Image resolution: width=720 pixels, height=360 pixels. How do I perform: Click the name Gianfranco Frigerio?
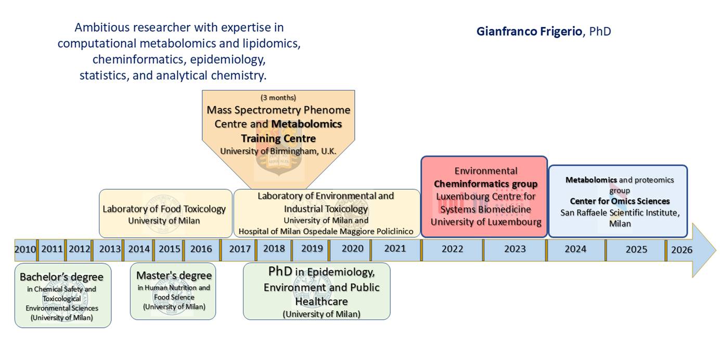pyautogui.click(x=529, y=32)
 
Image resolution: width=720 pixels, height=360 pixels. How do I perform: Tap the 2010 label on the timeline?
pyautogui.click(x=25, y=249)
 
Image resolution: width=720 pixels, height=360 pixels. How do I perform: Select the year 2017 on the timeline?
pyautogui.click(x=240, y=249)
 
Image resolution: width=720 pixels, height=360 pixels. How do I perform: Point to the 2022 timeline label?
pyautogui.click(x=452, y=249)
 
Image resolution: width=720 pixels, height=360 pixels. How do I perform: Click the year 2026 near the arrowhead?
pyautogui.click(x=682, y=250)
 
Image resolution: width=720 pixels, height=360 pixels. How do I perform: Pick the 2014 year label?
pyautogui.click(x=139, y=249)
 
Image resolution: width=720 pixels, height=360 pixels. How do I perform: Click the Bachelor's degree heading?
pyautogui.click(x=62, y=277)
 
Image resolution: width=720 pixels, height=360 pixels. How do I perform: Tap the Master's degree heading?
pyautogui.click(x=174, y=276)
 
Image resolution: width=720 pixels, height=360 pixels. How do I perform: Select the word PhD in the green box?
pyautogui.click(x=280, y=272)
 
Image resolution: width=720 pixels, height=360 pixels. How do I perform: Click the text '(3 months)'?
pyautogui.click(x=278, y=97)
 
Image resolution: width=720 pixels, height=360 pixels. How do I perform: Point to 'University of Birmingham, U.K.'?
pyautogui.click(x=278, y=151)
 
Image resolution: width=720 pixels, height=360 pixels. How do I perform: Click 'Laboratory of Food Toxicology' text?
pyautogui.click(x=164, y=209)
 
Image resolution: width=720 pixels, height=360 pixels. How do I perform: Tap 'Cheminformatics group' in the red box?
pyautogui.click(x=486, y=184)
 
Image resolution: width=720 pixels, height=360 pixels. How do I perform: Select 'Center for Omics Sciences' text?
pyautogui.click(x=620, y=201)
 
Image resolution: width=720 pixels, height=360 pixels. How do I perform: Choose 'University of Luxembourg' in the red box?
pyautogui.click(x=486, y=222)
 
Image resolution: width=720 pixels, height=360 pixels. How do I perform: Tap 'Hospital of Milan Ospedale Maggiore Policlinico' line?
pyautogui.click(x=326, y=232)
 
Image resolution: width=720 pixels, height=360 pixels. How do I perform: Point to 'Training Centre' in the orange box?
pyautogui.click(x=278, y=138)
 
